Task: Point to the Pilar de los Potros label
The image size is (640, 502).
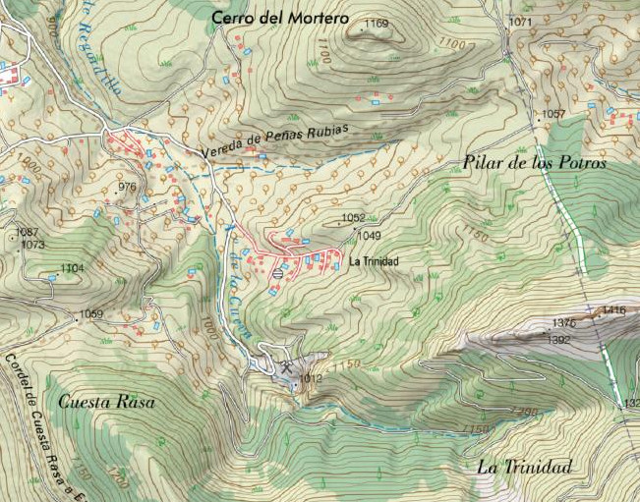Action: point(534,163)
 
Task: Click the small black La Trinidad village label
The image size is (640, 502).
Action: point(374,261)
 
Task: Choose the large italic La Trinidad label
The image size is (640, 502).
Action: point(523,468)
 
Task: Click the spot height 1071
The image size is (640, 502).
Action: point(520,22)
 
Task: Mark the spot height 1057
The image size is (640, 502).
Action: point(553,115)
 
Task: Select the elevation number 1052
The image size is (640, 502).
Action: point(353,218)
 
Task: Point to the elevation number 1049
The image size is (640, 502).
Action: point(369,236)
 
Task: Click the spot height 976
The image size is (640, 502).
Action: point(126,187)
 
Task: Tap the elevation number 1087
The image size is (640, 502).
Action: point(29,233)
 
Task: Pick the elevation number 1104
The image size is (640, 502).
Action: point(73,268)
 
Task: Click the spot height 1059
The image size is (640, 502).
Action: point(91,314)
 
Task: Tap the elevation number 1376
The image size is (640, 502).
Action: point(563,323)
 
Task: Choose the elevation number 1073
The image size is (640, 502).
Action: point(32,245)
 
